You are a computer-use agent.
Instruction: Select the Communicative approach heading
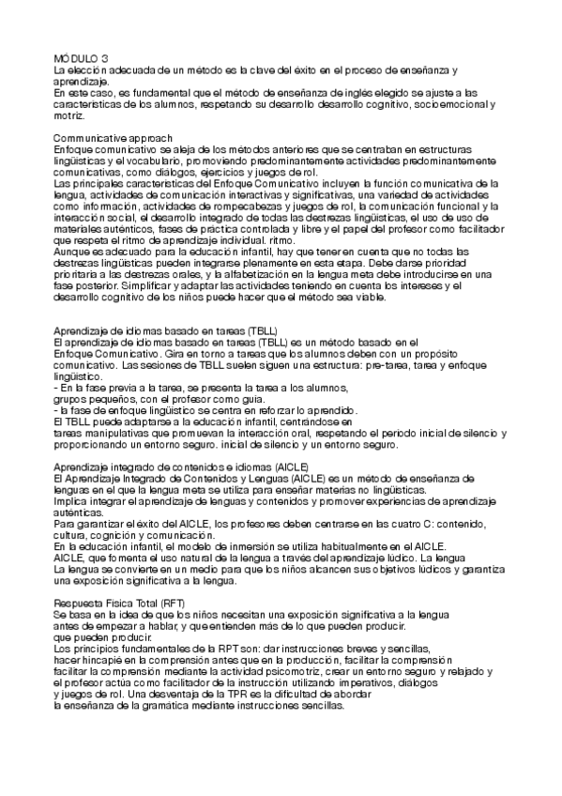click(112, 138)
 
